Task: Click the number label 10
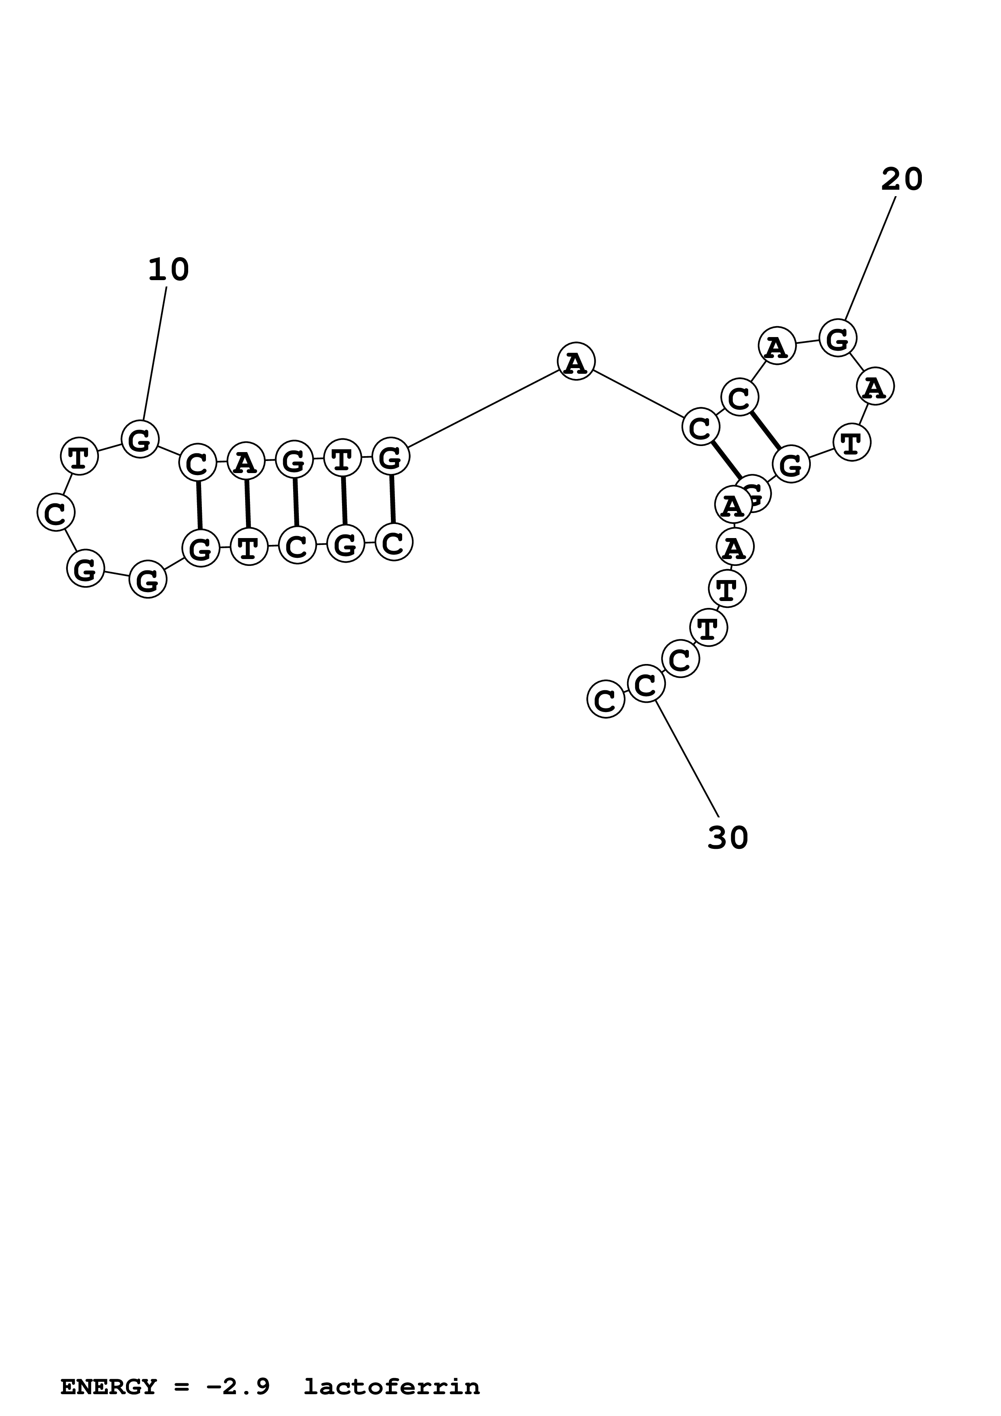[168, 270]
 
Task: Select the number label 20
[901, 180]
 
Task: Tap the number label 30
[728, 838]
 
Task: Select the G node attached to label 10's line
[140, 439]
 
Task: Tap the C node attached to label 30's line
[646, 684]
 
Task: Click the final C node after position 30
[606, 700]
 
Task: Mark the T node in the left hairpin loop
[79, 457]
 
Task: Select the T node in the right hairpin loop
[852, 443]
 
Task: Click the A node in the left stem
[246, 461]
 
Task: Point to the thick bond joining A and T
[247, 504]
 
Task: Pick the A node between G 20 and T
[875, 387]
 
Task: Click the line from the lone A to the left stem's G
[483, 410]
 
